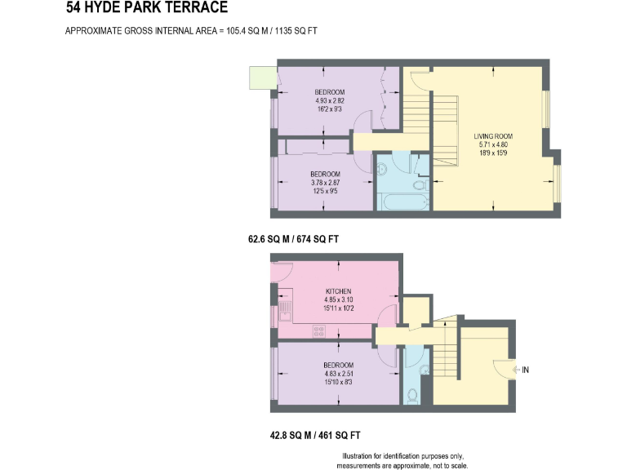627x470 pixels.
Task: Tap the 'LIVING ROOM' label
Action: [x=494, y=135]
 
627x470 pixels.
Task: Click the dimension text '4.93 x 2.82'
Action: [x=330, y=100]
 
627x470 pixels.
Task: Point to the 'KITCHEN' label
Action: [x=338, y=291]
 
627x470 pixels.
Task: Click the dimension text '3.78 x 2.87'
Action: [x=324, y=183]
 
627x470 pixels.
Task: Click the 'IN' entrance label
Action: [x=526, y=370]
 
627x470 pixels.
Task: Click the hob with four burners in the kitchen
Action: [x=319, y=330]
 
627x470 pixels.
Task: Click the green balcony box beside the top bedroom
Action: [x=262, y=78]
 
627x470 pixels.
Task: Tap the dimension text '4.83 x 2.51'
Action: [x=338, y=374]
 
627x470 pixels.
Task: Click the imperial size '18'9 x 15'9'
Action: [x=494, y=153]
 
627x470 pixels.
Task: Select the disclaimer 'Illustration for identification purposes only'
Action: [x=402, y=455]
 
